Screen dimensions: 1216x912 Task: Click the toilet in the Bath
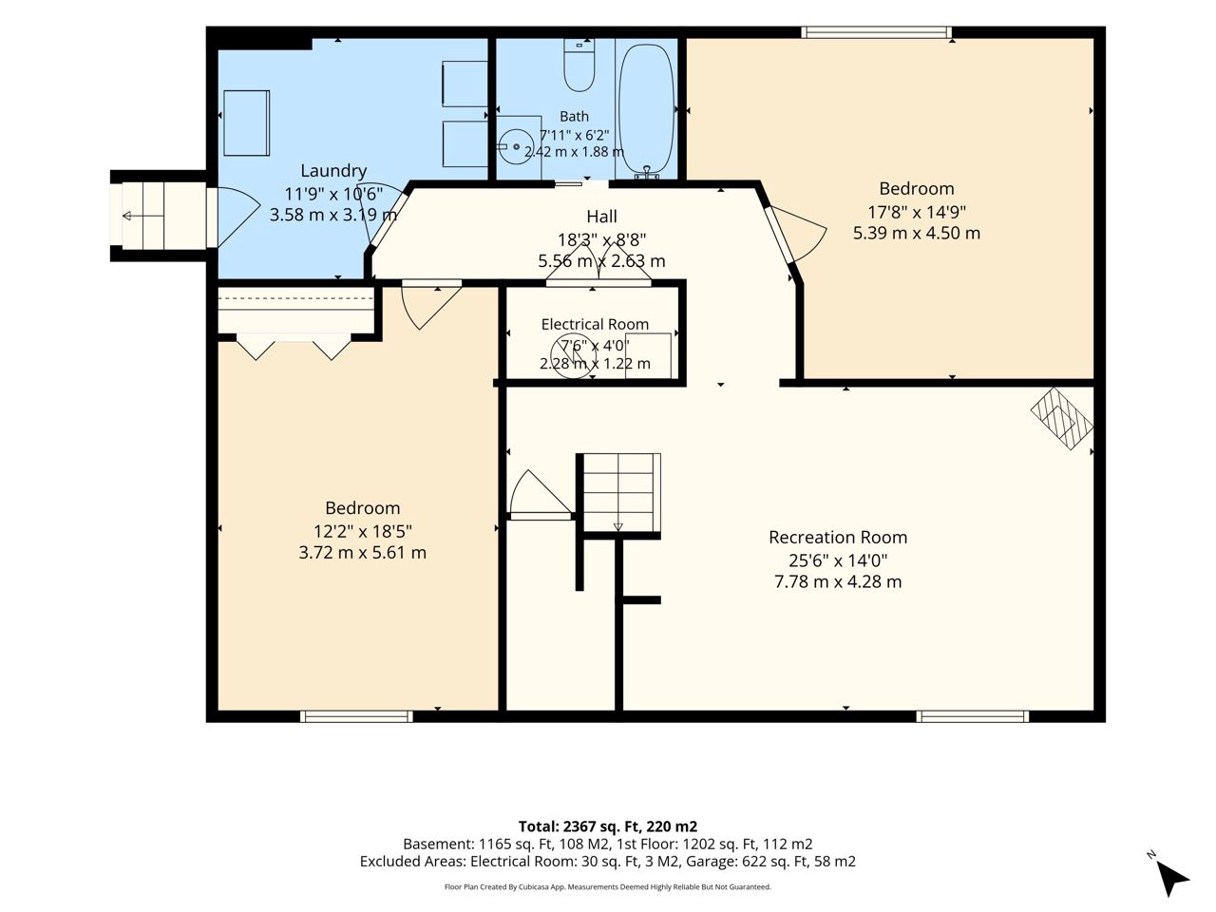tap(579, 66)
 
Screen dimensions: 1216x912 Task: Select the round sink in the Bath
tap(515, 146)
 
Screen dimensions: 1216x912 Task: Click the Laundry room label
tap(333, 171)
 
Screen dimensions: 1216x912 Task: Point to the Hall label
tap(601, 216)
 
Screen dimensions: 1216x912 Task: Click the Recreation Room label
tap(838, 537)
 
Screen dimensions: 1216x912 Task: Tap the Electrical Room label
tap(595, 324)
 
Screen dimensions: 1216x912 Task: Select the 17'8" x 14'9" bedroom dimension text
tap(917, 212)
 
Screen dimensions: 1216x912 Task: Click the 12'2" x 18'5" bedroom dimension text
tap(362, 532)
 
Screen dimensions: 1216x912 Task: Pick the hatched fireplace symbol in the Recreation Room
tap(1062, 418)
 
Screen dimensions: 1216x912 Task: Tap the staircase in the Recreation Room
tap(618, 492)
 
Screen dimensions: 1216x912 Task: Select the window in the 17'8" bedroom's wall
tap(877, 32)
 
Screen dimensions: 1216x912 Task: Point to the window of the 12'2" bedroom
tap(356, 716)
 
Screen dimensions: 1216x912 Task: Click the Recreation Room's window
tap(972, 716)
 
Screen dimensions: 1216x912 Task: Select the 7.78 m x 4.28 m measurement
tap(838, 581)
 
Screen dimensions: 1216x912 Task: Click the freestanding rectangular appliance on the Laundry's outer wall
tap(246, 123)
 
